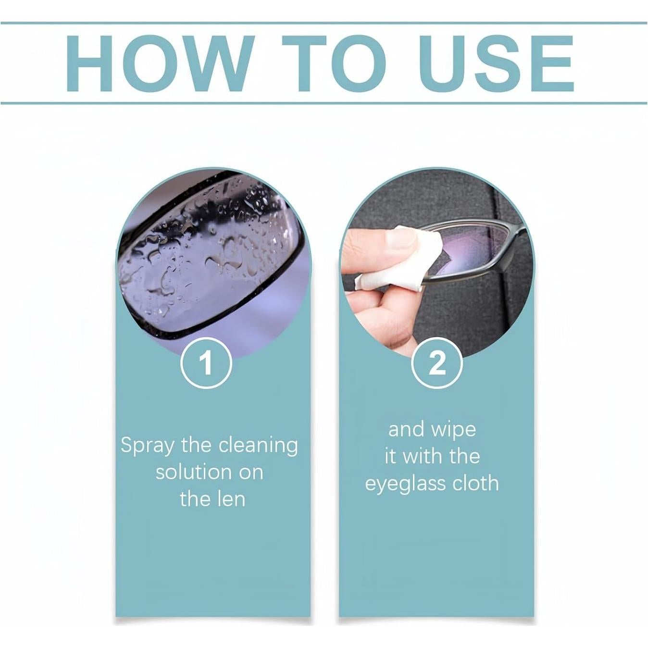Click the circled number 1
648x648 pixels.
206,363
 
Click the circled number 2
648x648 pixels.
437,363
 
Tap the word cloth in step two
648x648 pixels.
474,483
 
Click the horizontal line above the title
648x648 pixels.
324,23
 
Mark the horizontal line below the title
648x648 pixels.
324,103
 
